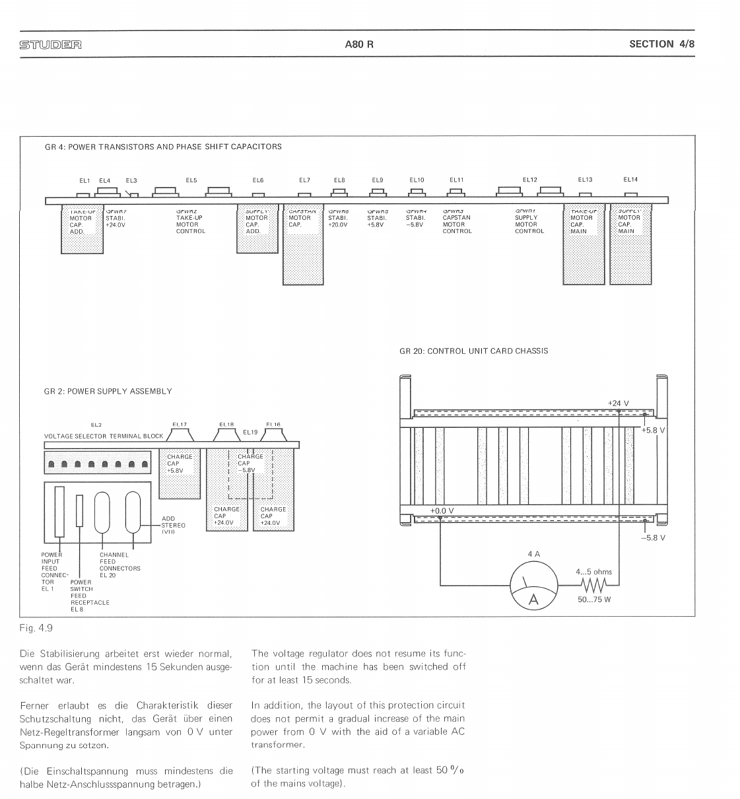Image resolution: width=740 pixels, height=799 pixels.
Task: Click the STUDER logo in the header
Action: click(x=50, y=45)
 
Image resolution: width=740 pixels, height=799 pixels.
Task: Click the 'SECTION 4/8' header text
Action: click(x=661, y=44)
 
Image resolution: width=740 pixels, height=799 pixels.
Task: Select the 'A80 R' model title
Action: click(x=358, y=45)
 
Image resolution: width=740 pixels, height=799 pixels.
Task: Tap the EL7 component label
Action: click(x=304, y=180)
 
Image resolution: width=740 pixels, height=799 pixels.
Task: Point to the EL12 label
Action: click(x=529, y=180)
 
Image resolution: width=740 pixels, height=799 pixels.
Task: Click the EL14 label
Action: click(x=630, y=179)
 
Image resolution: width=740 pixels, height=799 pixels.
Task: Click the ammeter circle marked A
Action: click(x=533, y=586)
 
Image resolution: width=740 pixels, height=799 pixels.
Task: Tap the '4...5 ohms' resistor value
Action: click(x=593, y=572)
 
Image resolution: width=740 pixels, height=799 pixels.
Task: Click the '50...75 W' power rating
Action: click(x=594, y=600)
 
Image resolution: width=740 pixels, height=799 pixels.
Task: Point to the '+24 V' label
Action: click(x=618, y=403)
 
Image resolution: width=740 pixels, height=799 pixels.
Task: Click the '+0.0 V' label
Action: click(x=442, y=511)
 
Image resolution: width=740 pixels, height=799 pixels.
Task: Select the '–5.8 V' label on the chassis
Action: click(x=653, y=538)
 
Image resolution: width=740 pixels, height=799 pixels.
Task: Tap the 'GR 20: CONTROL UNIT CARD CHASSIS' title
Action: click(x=473, y=351)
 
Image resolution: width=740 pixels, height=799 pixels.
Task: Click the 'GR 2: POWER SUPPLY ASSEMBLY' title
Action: click(x=108, y=392)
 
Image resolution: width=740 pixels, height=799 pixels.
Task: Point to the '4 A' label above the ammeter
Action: click(x=533, y=554)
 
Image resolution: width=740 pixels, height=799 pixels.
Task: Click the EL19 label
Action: click(x=250, y=432)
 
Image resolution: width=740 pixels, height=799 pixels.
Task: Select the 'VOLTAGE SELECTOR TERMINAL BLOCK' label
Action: click(x=104, y=436)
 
